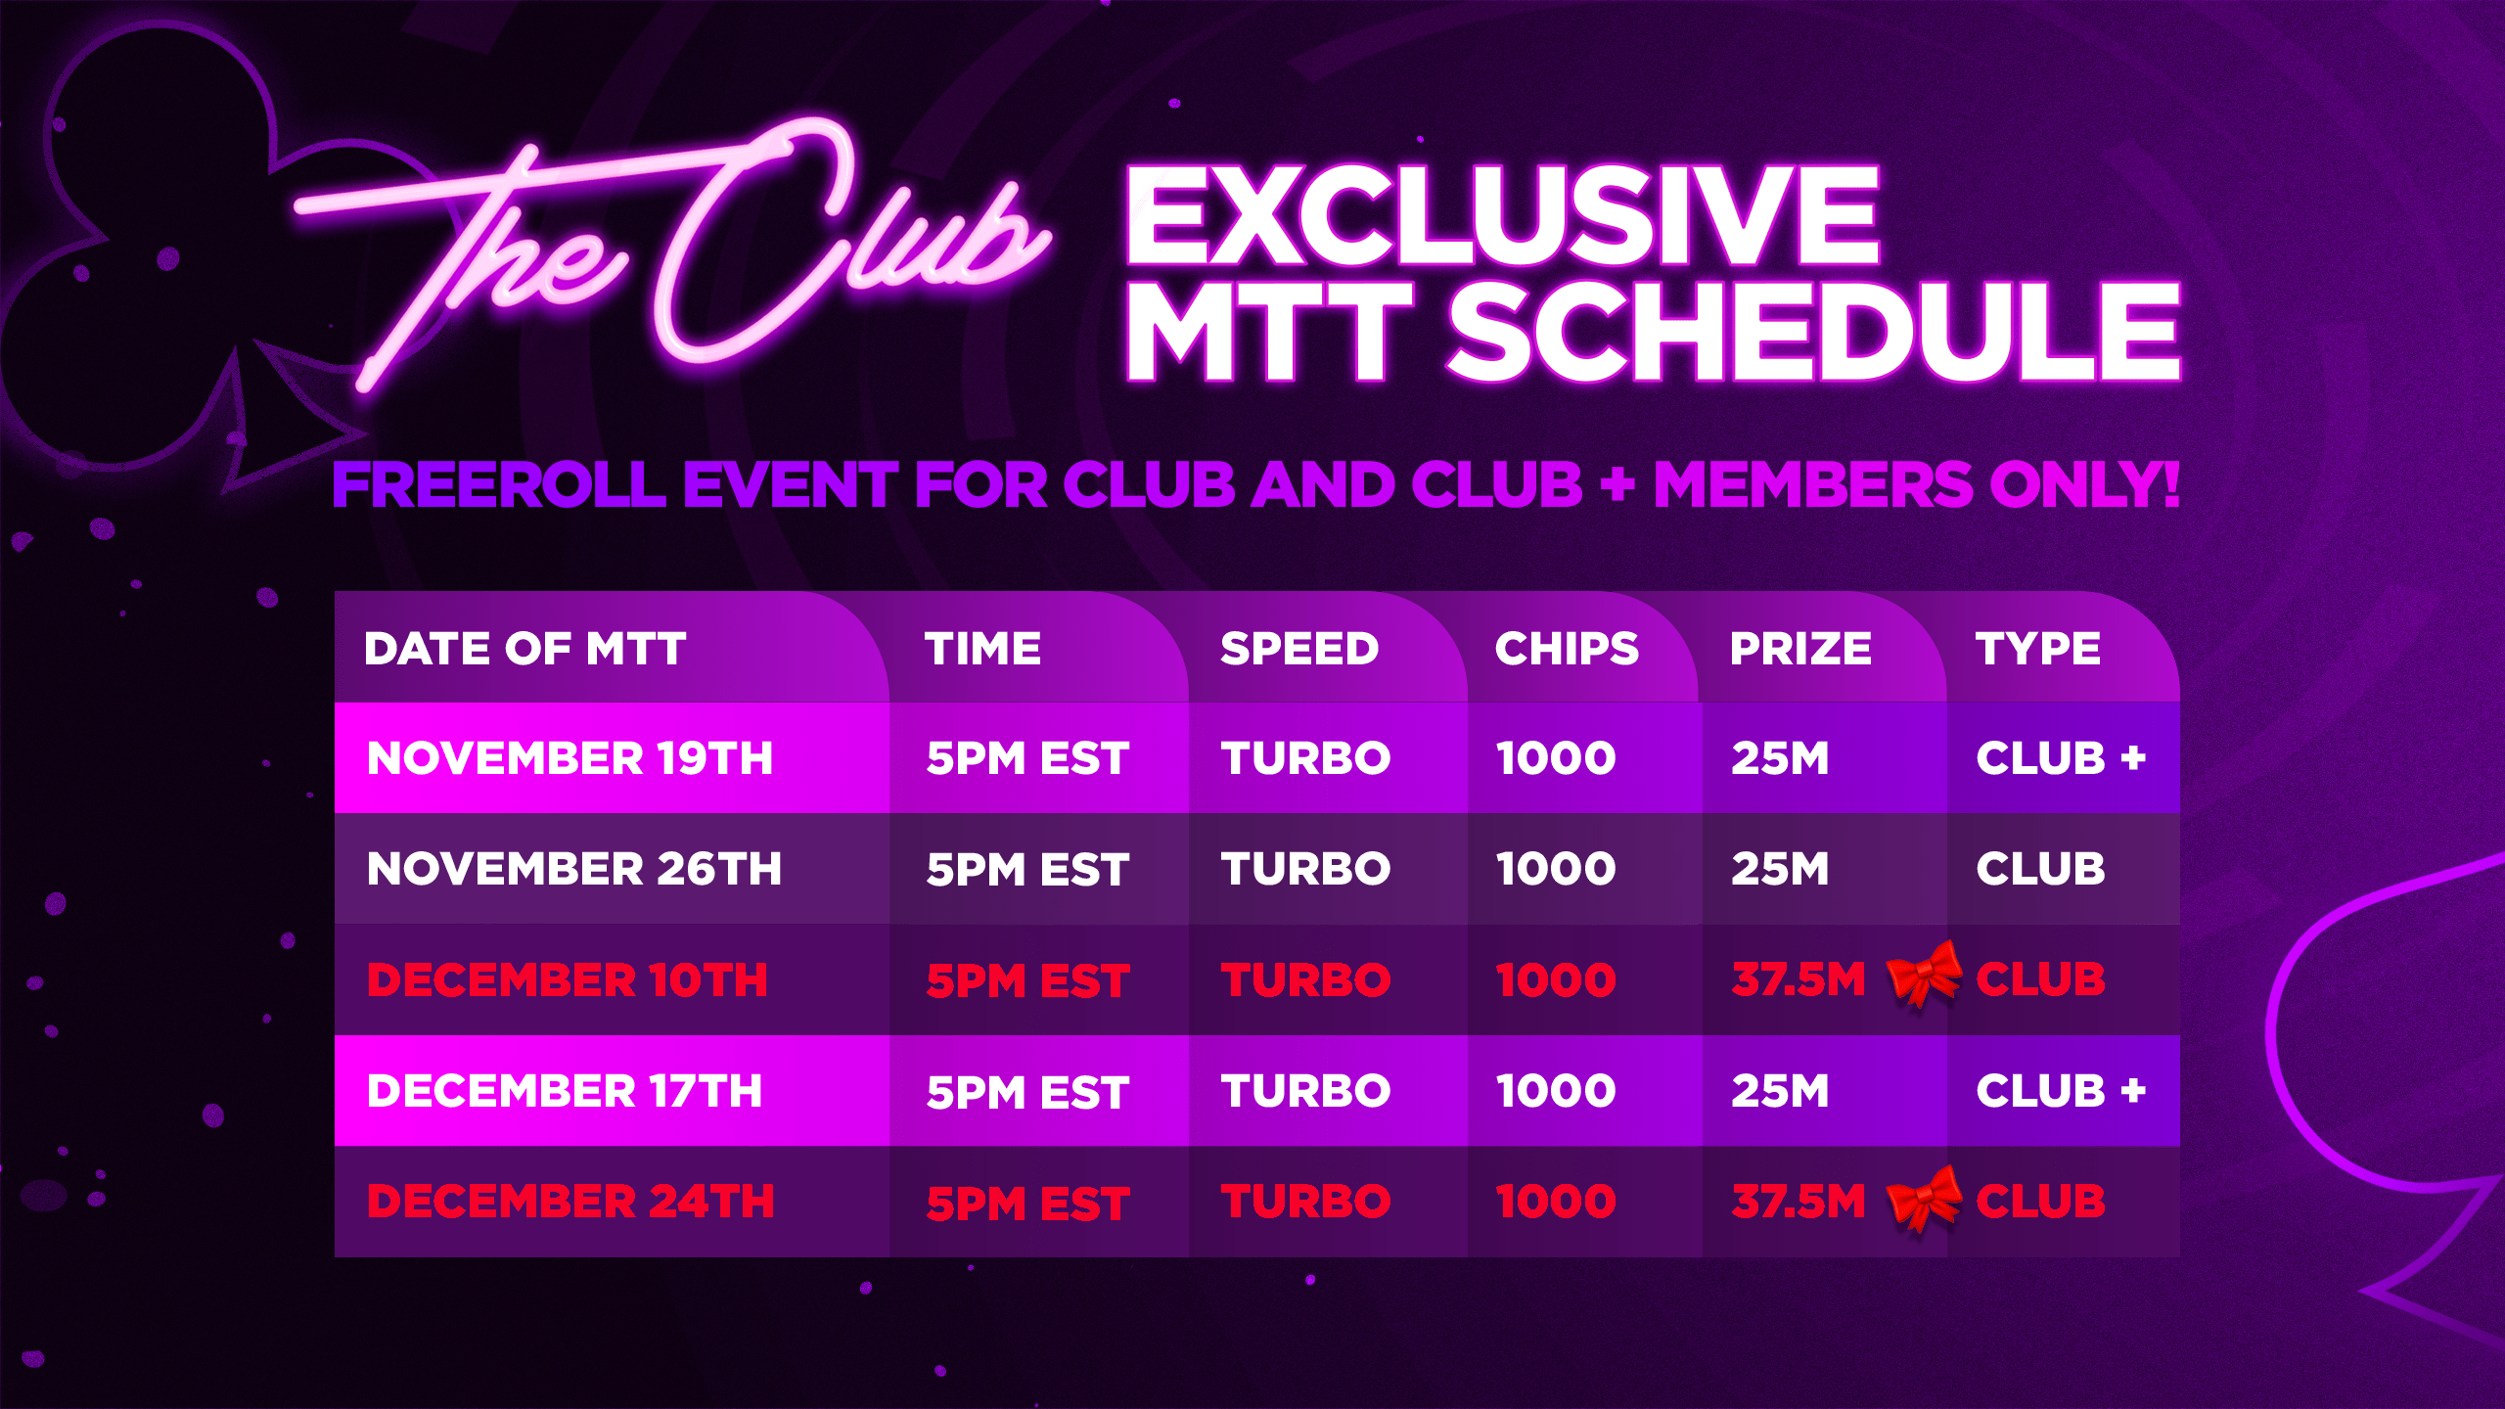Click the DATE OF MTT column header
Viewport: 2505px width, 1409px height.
(x=524, y=649)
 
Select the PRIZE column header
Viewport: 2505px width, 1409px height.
(x=1800, y=649)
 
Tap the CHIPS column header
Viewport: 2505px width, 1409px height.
(x=1567, y=649)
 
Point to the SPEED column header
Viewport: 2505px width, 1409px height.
(x=1299, y=649)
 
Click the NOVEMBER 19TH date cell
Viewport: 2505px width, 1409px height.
(x=569, y=758)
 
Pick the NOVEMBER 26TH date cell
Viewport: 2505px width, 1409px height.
(x=574, y=869)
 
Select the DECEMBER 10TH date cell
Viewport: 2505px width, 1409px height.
(x=568, y=980)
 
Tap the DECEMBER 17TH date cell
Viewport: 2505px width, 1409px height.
(x=565, y=1091)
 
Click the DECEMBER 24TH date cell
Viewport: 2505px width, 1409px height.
(x=570, y=1202)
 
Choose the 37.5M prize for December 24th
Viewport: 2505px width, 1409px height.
(x=1799, y=1202)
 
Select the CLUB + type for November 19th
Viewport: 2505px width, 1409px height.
(x=2061, y=758)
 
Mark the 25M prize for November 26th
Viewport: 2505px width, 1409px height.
(x=1780, y=869)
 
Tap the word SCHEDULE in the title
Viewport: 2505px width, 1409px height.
(x=1814, y=333)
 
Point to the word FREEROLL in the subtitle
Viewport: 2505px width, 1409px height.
(x=499, y=484)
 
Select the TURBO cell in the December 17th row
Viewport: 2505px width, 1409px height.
(x=1305, y=1091)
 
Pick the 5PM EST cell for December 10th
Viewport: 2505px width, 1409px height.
(x=1027, y=980)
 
